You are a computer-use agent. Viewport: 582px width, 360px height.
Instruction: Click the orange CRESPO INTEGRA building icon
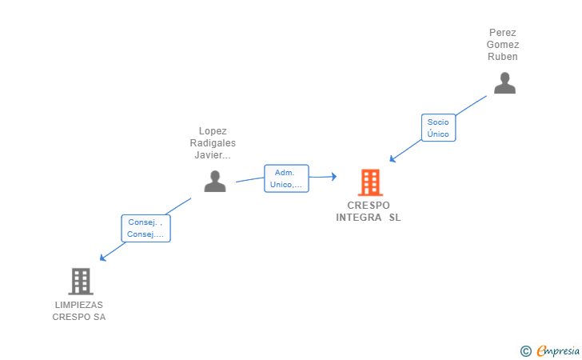point(370,182)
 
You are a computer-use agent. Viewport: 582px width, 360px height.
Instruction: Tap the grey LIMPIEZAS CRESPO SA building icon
point(81,282)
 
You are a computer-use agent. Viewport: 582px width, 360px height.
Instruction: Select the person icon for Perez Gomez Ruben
point(504,83)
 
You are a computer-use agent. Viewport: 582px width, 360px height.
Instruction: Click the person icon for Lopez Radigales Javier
point(215,182)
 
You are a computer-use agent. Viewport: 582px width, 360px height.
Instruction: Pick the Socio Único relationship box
point(438,128)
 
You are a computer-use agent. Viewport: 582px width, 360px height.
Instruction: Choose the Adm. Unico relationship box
point(286,178)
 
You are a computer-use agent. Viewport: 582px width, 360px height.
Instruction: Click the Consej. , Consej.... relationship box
point(145,229)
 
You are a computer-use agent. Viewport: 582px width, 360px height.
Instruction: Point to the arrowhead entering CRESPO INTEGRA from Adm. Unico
point(334,177)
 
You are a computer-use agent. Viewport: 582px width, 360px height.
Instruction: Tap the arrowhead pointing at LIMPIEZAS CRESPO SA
point(103,258)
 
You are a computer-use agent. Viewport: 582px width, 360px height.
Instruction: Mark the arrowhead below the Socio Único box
point(393,159)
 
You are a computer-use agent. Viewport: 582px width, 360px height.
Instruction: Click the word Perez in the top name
point(503,33)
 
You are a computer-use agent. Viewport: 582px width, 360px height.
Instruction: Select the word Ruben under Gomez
point(503,57)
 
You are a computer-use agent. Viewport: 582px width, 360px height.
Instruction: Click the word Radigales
point(213,143)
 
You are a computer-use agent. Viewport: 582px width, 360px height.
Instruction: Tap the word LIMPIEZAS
point(79,305)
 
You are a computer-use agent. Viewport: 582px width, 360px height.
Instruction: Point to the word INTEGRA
point(358,218)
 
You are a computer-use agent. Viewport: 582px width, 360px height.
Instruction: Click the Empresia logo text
point(558,350)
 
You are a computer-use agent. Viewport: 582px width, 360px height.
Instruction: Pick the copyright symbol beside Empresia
point(526,351)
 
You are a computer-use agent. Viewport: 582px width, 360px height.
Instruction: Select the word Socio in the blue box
point(438,122)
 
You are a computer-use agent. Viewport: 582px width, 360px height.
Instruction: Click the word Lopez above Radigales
point(213,131)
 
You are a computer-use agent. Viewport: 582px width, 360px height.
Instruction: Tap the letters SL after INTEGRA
point(395,218)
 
